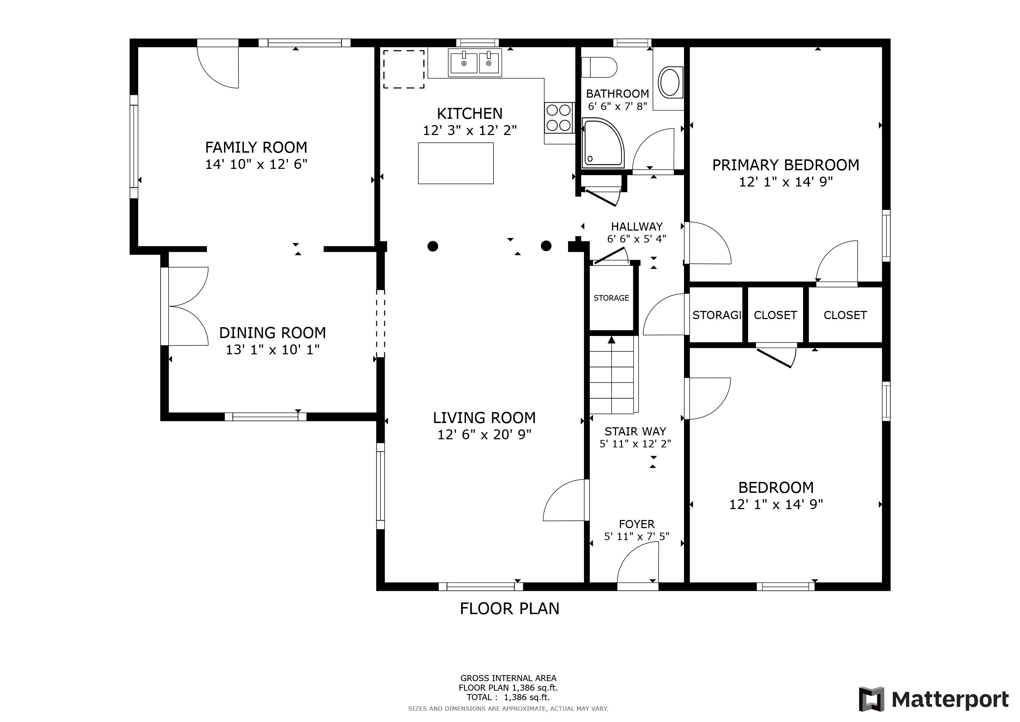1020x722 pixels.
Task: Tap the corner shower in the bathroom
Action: point(603,143)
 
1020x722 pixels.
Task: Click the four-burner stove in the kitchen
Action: point(559,118)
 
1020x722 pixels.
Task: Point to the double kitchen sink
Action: point(475,63)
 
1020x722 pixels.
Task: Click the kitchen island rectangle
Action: point(456,163)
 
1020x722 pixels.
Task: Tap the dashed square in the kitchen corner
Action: point(404,69)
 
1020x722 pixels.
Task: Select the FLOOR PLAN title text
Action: point(510,608)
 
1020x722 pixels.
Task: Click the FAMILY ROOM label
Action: point(256,147)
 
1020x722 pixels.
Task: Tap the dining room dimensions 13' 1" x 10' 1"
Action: point(272,350)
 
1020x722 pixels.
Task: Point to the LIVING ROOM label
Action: point(484,418)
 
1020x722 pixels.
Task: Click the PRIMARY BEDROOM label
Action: point(785,165)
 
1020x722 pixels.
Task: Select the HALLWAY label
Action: point(636,227)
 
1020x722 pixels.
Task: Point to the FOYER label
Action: point(636,524)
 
